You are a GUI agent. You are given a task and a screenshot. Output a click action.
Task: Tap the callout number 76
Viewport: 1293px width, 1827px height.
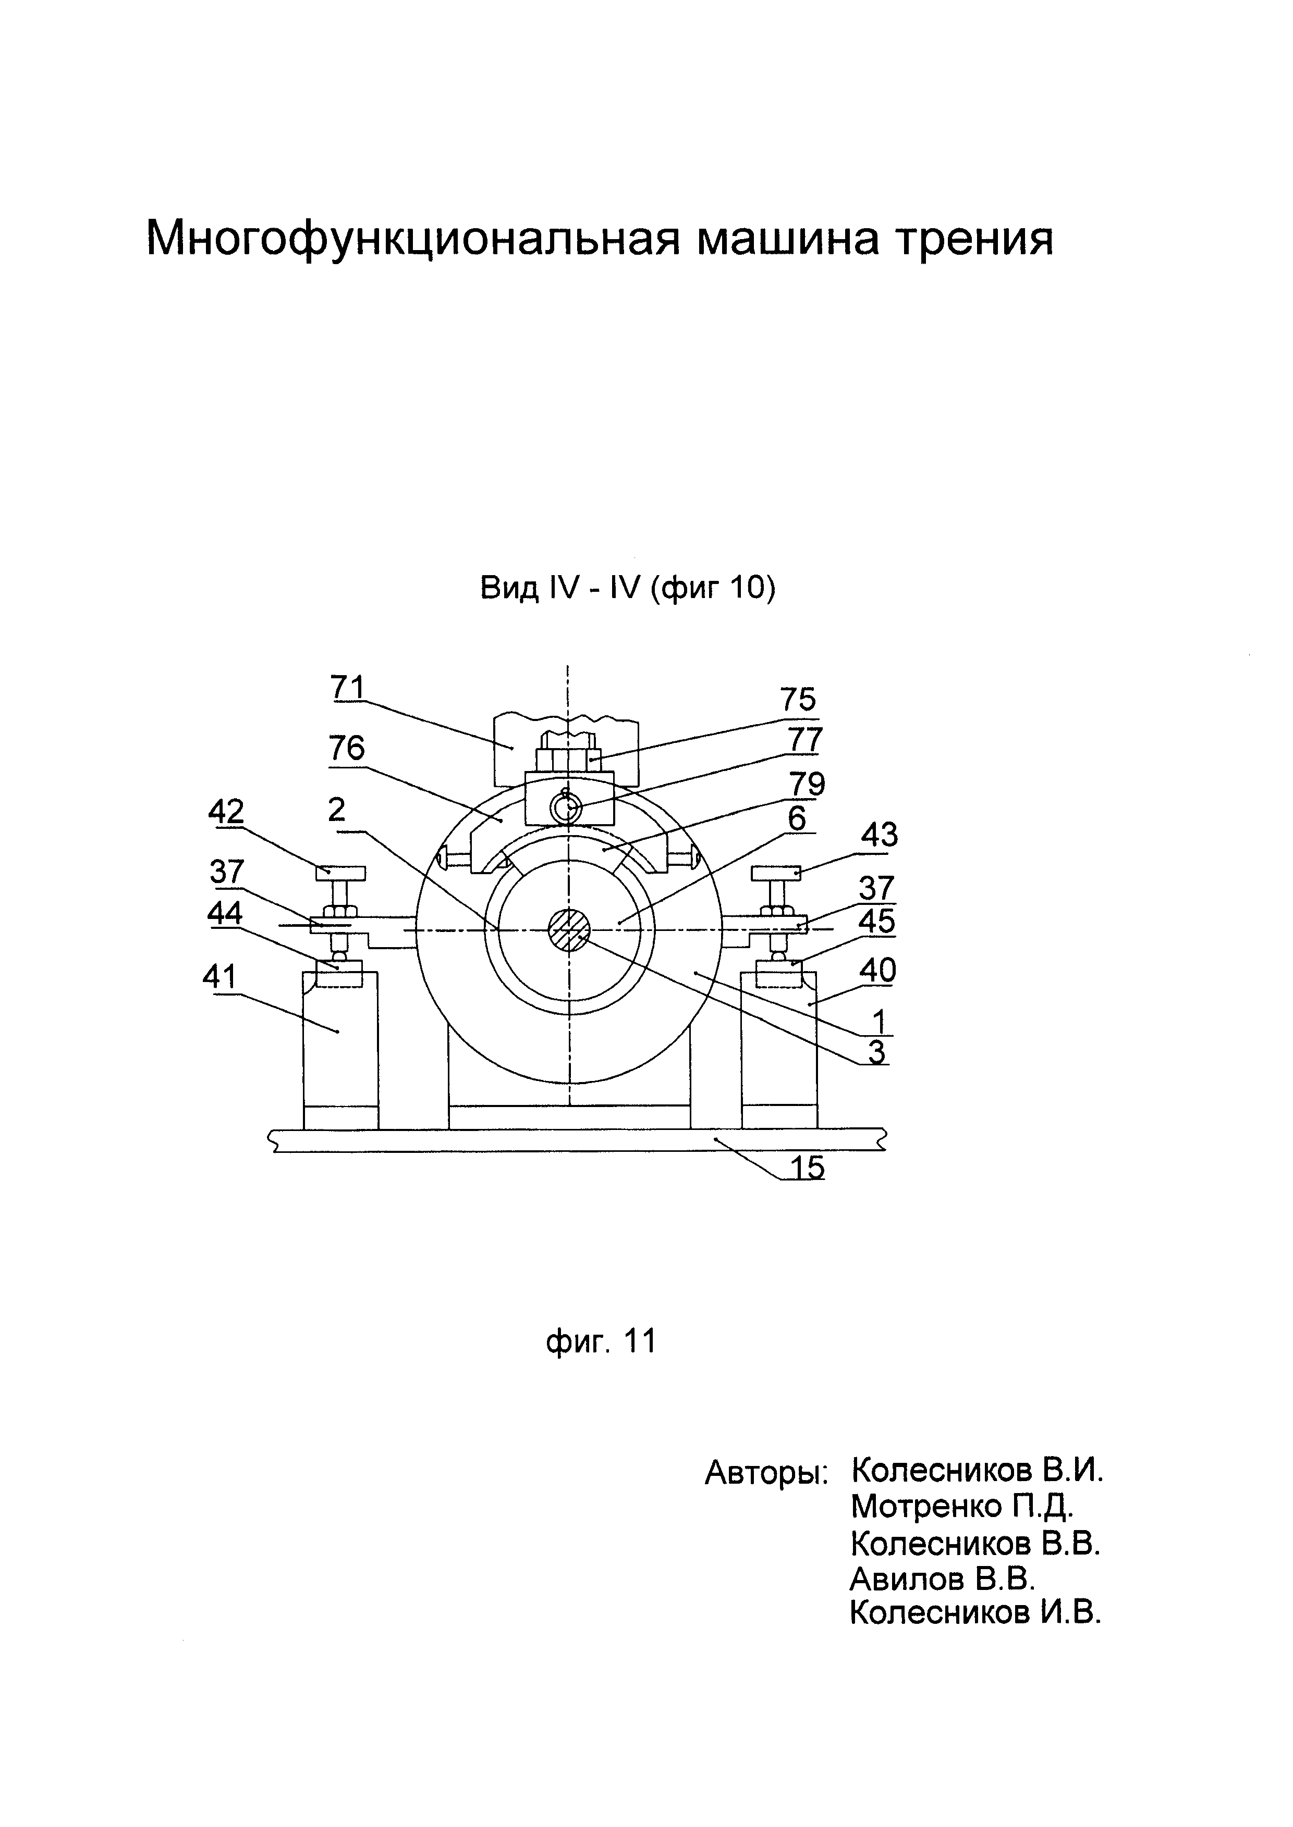(x=346, y=748)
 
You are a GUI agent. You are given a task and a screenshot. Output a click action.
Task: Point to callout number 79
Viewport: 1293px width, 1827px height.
(x=807, y=784)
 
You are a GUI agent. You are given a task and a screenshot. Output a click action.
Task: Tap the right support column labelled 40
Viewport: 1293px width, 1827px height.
(x=778, y=1042)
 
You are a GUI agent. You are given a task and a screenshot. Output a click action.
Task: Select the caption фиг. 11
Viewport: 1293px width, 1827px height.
(x=601, y=1341)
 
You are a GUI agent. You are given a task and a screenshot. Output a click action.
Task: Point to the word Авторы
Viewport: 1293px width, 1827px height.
(x=766, y=1474)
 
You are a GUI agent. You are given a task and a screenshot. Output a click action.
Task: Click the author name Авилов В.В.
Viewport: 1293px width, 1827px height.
(x=942, y=1579)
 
